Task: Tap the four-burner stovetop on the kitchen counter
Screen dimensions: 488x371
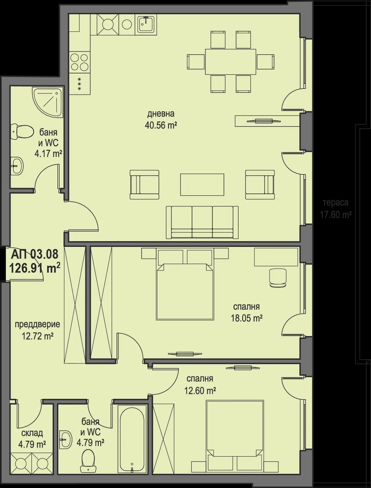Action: [79, 62]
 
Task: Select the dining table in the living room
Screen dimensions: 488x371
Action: [230, 62]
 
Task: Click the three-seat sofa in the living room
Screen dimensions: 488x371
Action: [202, 222]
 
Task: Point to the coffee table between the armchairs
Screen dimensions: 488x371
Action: [202, 185]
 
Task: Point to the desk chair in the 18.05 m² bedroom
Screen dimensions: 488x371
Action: [278, 278]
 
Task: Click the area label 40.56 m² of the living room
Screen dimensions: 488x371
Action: [161, 125]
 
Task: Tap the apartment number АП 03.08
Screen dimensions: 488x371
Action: [34, 254]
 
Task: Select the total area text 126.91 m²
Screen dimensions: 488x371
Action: [34, 268]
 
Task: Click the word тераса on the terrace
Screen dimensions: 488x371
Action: [335, 203]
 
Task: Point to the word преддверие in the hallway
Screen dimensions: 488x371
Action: [37, 324]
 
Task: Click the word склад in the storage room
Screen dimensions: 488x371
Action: [32, 433]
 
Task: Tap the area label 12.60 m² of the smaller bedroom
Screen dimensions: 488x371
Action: [200, 391]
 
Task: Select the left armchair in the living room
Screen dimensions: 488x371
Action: [144, 185]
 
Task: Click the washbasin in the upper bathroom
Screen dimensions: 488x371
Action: [17, 166]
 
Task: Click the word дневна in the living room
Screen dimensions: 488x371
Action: [161, 114]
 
